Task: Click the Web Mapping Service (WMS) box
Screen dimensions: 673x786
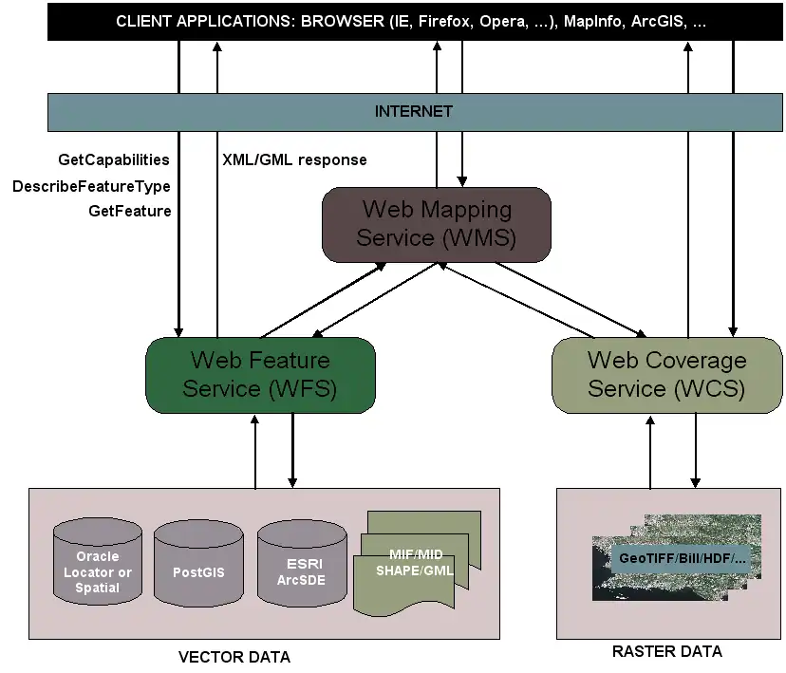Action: (x=436, y=224)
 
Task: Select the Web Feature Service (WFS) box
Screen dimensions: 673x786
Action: (x=260, y=375)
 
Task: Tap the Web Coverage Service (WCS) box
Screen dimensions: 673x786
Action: (x=666, y=375)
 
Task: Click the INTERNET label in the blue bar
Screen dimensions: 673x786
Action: (x=413, y=111)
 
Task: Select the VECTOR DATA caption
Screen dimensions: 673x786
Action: (x=234, y=657)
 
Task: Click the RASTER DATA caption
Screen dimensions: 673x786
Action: (x=666, y=651)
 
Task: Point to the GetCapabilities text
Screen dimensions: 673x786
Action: (x=114, y=159)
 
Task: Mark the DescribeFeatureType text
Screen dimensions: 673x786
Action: (x=91, y=186)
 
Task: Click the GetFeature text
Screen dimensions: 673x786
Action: (x=130, y=211)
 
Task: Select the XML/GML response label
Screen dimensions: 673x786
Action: (x=294, y=159)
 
